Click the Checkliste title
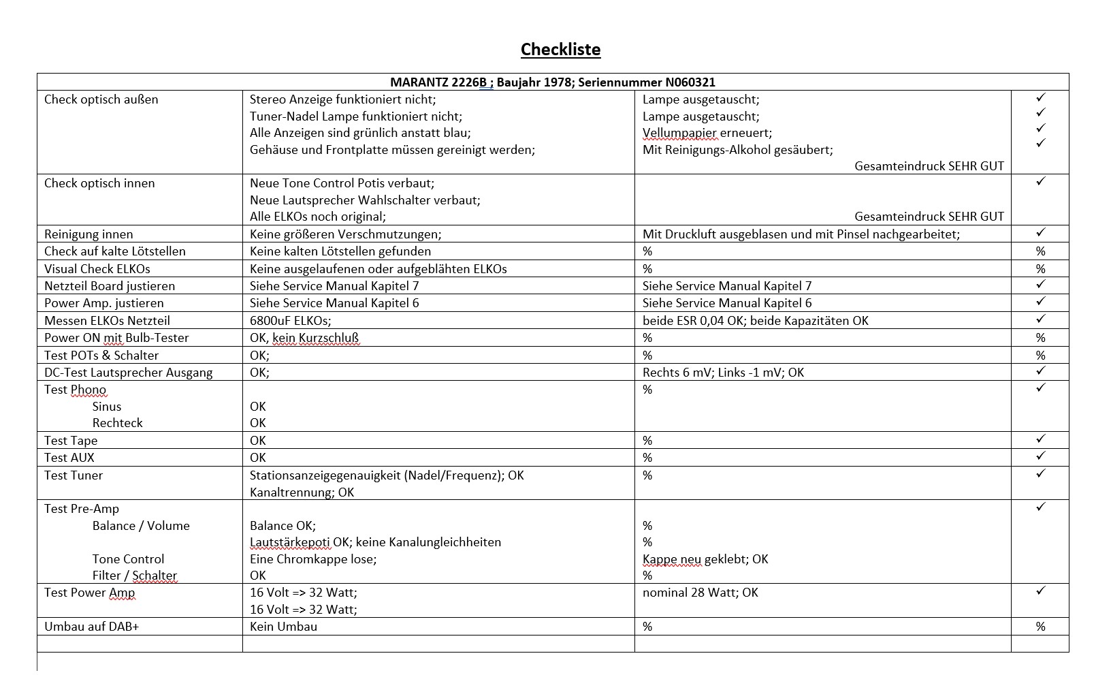[x=560, y=50]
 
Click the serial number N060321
[x=688, y=82]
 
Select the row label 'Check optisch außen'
[x=101, y=99]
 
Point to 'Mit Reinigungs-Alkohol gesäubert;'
[x=737, y=150]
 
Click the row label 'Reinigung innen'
[x=88, y=234]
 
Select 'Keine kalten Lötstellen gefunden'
[x=340, y=251]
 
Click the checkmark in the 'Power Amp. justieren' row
[x=1040, y=302]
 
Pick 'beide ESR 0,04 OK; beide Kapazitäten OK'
[x=755, y=321]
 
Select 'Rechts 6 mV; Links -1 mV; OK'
[x=723, y=373]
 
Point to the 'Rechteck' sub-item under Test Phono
[x=117, y=423]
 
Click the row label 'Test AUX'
[x=69, y=458]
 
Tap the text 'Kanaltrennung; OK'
[x=302, y=492]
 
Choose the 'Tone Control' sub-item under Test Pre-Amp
[x=128, y=559]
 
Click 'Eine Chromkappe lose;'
[x=312, y=559]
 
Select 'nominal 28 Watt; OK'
[x=700, y=593]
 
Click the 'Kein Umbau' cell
[x=283, y=627]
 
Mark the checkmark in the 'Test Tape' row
[x=1040, y=439]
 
